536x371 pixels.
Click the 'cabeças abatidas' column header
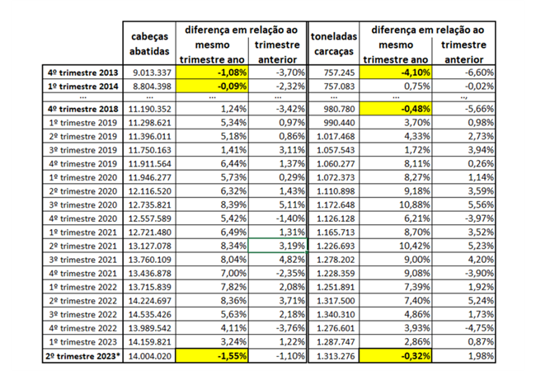(x=149, y=44)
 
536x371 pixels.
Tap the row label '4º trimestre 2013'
(x=84, y=72)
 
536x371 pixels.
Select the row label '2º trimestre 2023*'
(x=84, y=355)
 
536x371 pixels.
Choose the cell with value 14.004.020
(x=150, y=355)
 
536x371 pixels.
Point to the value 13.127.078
(x=150, y=245)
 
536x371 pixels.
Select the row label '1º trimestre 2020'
(x=84, y=176)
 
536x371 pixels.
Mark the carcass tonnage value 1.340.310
(x=335, y=314)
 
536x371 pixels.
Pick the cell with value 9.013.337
(x=150, y=72)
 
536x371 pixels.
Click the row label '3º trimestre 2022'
(x=84, y=314)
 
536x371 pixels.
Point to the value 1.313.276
(x=335, y=355)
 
